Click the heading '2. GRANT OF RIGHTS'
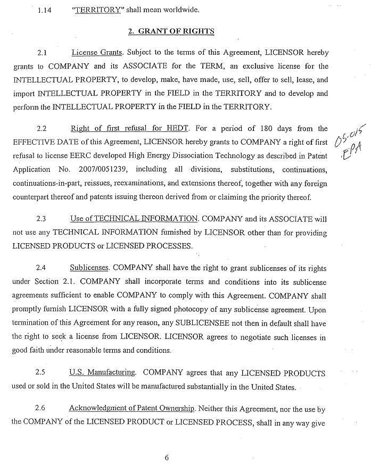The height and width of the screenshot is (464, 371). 171,31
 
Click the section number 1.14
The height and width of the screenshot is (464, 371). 44,10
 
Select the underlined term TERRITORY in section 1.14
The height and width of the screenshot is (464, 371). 96,10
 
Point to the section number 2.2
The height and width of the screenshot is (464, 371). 42,129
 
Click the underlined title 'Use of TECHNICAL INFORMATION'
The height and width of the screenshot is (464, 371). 134,219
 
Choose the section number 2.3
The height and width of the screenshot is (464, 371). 41,219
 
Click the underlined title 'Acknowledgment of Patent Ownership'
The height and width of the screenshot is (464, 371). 131,410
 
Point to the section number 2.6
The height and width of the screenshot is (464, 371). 40,410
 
